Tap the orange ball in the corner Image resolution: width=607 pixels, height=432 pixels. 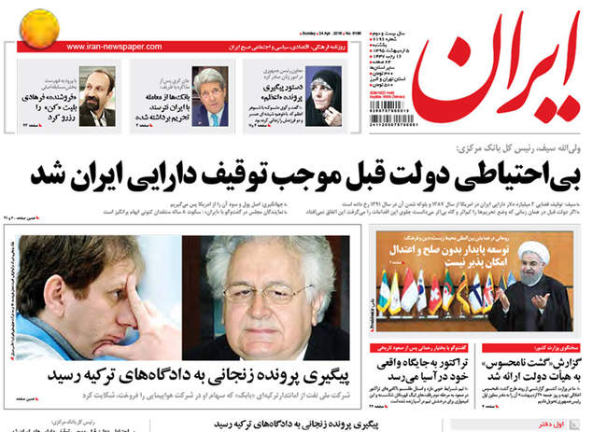tap(38, 26)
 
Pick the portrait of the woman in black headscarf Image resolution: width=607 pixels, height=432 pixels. tap(325, 97)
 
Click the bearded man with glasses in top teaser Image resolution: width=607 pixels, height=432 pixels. tap(96, 99)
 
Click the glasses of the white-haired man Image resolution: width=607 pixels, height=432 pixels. tap(253, 293)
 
